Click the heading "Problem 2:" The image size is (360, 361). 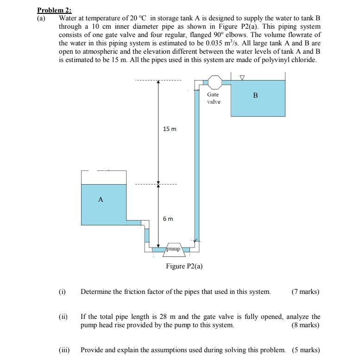55,10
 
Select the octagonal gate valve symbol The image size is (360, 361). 214,82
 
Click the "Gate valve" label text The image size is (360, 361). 214,98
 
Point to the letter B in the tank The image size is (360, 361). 255,95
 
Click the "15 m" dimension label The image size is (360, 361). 170,129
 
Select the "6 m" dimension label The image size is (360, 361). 168,218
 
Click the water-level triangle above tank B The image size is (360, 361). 242,77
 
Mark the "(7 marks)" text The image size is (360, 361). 305,292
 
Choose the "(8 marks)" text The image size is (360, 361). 305,325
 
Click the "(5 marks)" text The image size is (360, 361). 306,349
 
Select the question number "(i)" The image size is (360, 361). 62,292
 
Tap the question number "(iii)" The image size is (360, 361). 64,349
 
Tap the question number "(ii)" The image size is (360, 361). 63,317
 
